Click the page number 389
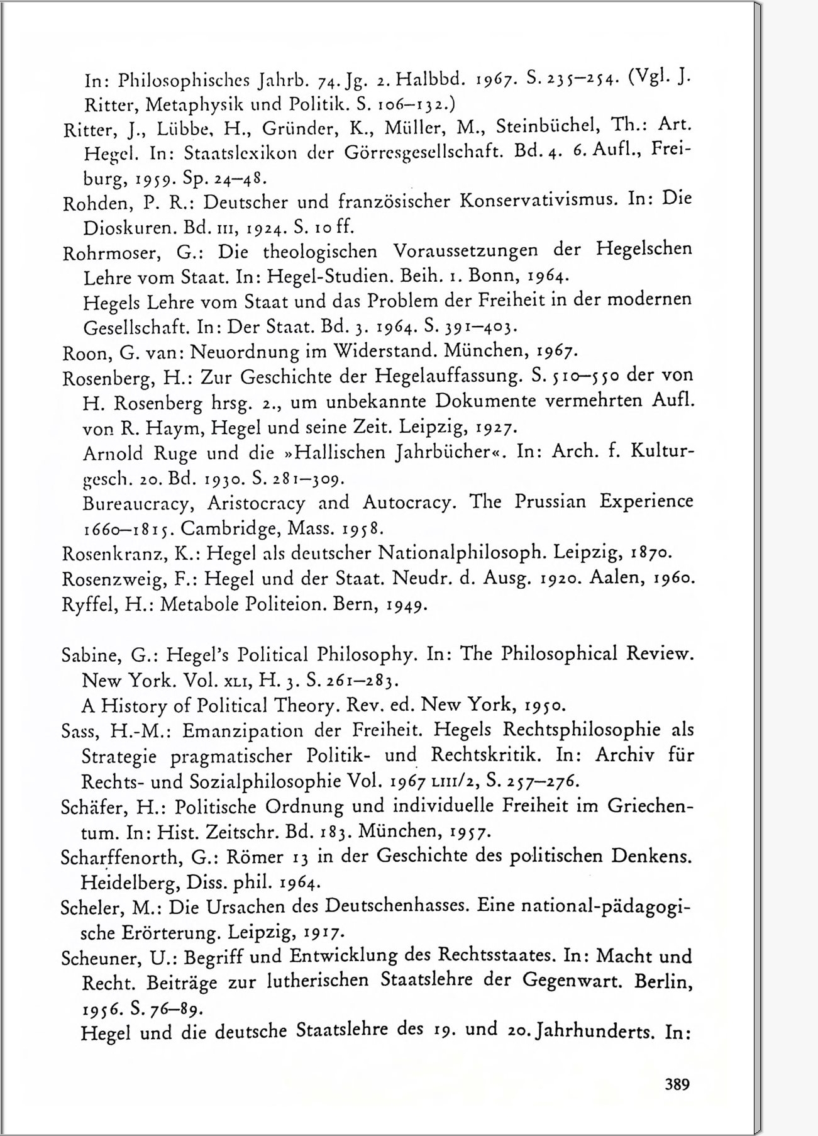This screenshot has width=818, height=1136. pos(677,1084)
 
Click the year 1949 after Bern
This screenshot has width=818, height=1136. pos(407,605)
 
